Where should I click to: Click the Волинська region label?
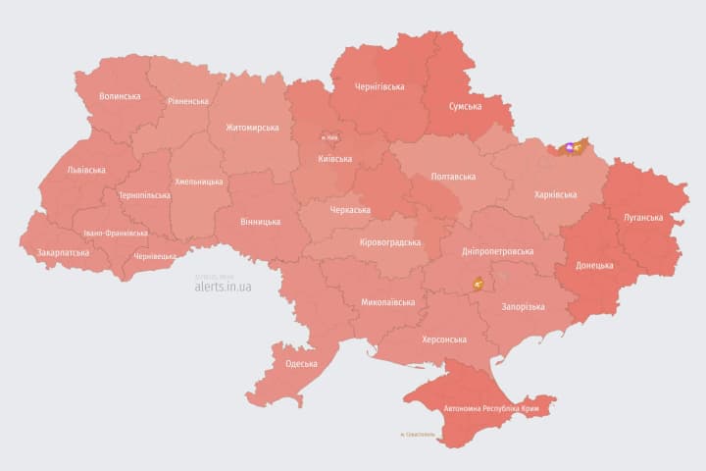click(x=120, y=96)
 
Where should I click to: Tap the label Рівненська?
click(x=187, y=101)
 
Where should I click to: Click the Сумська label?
click(x=464, y=106)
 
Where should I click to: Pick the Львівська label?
click(x=85, y=169)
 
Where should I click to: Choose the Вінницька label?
click(x=260, y=222)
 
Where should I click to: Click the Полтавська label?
click(x=453, y=177)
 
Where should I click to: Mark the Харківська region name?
click(x=555, y=194)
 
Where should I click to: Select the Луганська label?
click(x=642, y=217)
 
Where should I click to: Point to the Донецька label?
click(x=594, y=265)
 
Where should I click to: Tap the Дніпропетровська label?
click(x=497, y=251)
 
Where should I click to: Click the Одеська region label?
click(x=301, y=364)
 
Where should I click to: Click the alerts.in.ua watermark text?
click(x=224, y=287)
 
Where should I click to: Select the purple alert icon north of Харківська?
click(x=568, y=148)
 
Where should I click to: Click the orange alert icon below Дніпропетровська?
click(x=479, y=283)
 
